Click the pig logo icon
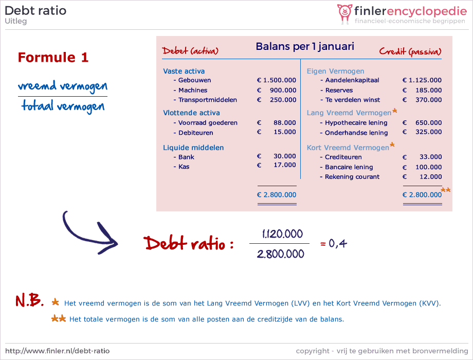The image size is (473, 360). click(x=344, y=14)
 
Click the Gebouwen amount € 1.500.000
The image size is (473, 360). click(x=276, y=80)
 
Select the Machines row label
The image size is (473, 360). click(x=193, y=90)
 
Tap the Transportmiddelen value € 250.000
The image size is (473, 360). click(x=276, y=100)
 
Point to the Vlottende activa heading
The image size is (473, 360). click(x=191, y=113)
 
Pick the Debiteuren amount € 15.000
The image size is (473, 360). click(x=276, y=132)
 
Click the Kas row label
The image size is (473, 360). click(x=184, y=167)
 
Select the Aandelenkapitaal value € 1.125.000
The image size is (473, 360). click(x=422, y=80)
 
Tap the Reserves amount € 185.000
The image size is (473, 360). click(x=422, y=90)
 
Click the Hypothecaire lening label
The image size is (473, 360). click(x=356, y=123)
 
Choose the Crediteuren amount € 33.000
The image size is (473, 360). click(x=422, y=157)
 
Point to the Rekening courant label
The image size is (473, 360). click(x=352, y=177)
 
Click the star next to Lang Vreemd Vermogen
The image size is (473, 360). click(x=394, y=111)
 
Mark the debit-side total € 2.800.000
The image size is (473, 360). click(x=276, y=195)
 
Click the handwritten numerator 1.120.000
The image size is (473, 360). click(x=282, y=234)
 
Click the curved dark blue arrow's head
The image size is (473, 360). click(x=109, y=240)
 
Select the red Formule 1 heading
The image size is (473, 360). click(x=53, y=57)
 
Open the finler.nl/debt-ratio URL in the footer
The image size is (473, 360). click(x=57, y=351)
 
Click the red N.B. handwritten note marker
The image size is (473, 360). click(x=30, y=300)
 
